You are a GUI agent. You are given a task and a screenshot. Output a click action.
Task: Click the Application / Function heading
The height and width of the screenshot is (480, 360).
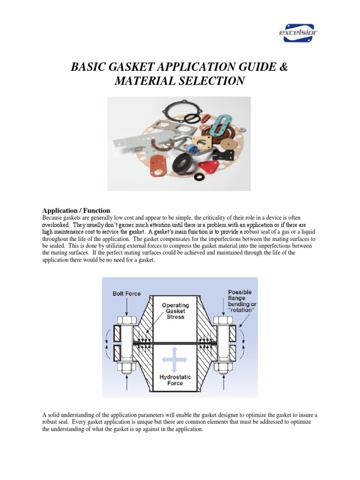click(x=76, y=210)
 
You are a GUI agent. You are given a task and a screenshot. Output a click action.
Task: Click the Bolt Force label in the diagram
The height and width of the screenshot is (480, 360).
click(x=126, y=294)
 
